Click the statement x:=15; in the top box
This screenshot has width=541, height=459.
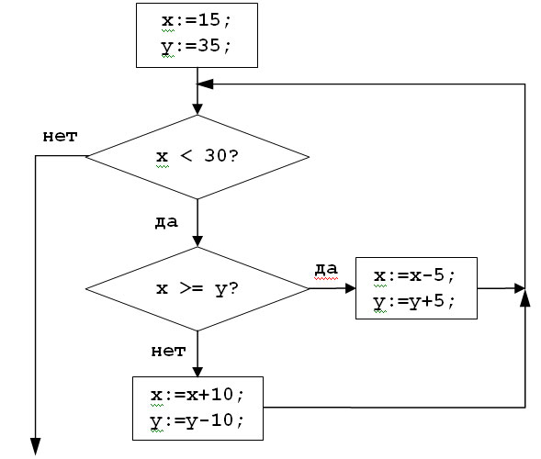196,20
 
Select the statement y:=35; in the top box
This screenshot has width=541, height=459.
196,47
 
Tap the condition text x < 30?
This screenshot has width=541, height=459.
197,156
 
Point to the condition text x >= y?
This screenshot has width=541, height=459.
197,289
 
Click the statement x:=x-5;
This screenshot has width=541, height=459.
414,275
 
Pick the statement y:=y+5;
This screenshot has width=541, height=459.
414,302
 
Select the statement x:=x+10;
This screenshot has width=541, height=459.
197,395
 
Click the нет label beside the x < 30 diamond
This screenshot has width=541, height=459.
60,137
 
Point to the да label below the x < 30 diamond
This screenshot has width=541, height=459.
166,222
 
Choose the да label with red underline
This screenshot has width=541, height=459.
326,269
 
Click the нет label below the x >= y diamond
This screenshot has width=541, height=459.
168,352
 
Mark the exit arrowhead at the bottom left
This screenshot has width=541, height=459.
36,446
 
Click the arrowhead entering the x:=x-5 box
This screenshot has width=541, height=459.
350,288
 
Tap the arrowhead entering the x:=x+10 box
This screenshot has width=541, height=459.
197,372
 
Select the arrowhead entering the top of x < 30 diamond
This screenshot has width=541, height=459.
197,109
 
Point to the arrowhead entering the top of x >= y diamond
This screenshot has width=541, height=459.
197,241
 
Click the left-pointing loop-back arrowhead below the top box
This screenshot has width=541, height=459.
206,84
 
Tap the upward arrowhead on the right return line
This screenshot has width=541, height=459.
524,298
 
